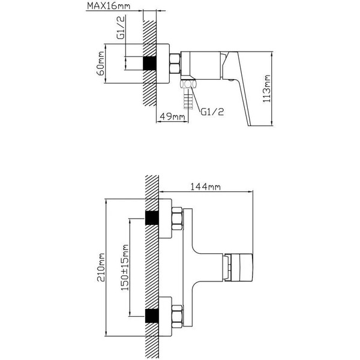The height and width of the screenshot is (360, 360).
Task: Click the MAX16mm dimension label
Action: click(107, 7)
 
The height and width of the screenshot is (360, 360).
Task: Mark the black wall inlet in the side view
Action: click(150, 63)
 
